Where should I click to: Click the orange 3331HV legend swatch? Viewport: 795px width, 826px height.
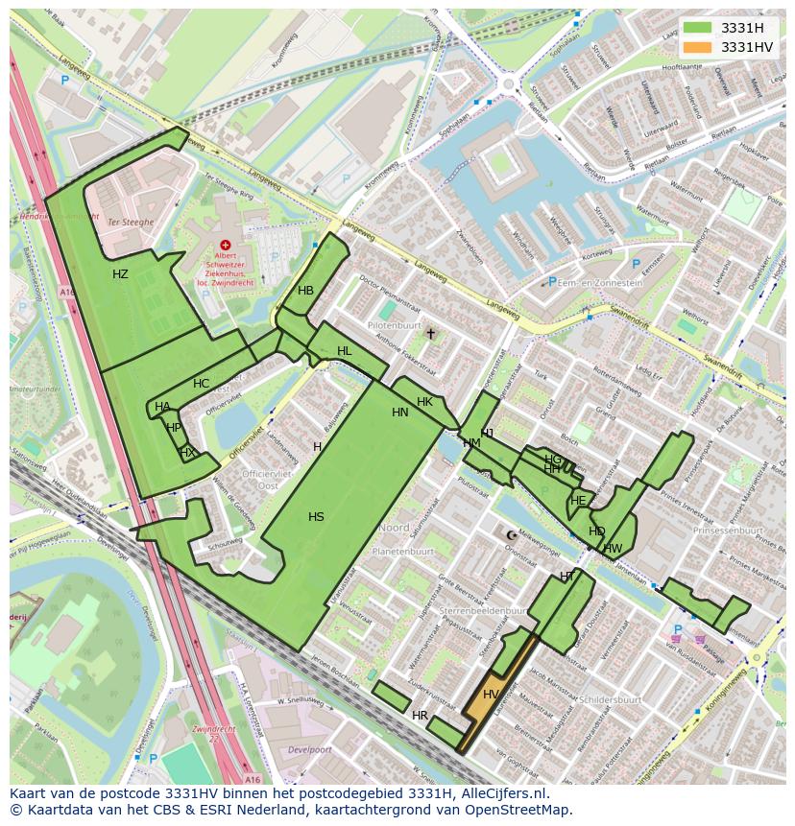coord(698,47)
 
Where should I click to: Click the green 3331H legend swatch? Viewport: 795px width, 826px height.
coord(698,28)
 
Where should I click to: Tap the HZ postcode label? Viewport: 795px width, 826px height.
coord(120,274)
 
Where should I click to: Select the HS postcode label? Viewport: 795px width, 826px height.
coord(316,517)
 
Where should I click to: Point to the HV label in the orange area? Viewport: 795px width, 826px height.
coord(491,695)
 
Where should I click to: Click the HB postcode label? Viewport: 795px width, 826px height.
coord(305,291)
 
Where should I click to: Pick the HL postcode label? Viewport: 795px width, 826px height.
coord(344,351)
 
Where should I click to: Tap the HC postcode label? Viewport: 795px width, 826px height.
coord(201,384)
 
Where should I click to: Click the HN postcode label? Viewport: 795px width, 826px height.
coord(400,413)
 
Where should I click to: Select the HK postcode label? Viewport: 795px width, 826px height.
coord(424,401)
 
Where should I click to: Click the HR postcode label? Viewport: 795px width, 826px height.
coord(420,716)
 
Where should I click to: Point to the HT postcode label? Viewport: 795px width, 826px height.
coord(566,576)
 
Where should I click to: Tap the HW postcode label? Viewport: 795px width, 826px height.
coord(613,549)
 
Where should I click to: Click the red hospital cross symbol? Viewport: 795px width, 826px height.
coord(226,246)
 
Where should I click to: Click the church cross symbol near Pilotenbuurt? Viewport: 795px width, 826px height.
coord(431,334)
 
